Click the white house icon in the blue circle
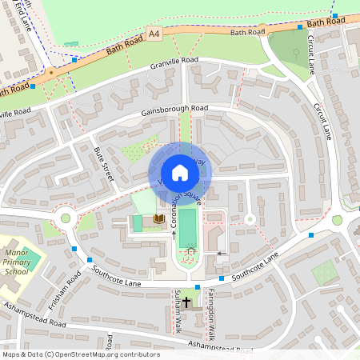tap(180, 173)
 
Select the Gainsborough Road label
tap(174, 109)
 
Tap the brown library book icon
tap(158, 218)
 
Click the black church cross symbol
tap(187, 302)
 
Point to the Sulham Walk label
tap(178, 316)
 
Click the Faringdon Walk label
tap(212, 316)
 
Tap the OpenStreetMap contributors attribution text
tap(80, 354)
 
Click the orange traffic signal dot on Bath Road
tap(50, 72)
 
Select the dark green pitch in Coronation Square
tap(187, 227)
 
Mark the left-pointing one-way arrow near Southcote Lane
tap(222, 253)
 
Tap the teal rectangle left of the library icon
tap(137, 223)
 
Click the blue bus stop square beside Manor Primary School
tap(74, 249)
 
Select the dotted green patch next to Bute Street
tap(130, 150)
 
